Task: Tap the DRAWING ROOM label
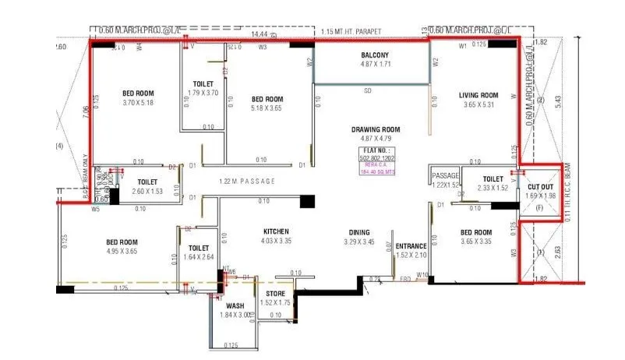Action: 375,129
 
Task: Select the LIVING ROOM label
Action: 478,95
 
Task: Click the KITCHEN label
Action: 276,231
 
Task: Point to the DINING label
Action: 359,232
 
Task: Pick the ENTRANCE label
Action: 411,246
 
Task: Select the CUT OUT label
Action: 539,187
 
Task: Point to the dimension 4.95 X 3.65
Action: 122,252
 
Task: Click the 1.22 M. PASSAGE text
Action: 248,182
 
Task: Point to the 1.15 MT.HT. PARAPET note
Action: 351,32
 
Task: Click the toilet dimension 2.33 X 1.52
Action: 492,188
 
